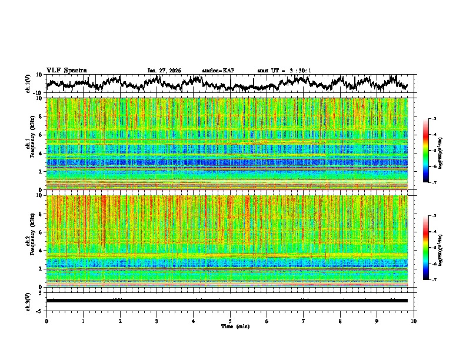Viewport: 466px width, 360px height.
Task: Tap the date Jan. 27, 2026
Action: [164, 71]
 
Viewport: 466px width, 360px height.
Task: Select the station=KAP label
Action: [218, 71]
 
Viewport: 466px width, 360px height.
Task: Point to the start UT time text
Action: [284, 71]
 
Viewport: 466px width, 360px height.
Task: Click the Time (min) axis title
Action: [235, 326]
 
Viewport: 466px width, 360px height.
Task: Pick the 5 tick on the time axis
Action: [230, 321]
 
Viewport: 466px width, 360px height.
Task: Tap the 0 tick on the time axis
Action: [46, 321]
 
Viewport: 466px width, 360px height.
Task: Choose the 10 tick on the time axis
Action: [414, 321]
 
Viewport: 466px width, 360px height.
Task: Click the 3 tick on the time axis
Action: [157, 321]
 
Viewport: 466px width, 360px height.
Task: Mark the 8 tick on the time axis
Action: [340, 321]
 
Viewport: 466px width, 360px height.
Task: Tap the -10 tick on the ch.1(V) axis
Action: [38, 93]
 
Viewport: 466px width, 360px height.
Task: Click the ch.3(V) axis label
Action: [28, 301]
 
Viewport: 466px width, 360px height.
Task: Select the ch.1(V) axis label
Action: [28, 84]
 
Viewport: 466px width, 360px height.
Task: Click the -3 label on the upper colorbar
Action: [434, 119]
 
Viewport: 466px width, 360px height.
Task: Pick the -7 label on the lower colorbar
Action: [434, 280]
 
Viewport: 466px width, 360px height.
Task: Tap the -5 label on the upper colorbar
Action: [434, 151]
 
